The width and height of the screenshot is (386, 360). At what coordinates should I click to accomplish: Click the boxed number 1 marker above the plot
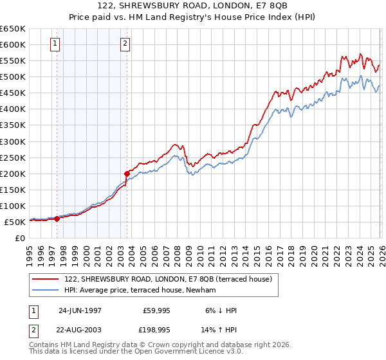(x=55, y=44)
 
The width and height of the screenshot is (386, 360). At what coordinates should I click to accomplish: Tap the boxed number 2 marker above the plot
(x=125, y=44)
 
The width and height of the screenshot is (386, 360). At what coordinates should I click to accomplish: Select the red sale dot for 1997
(x=57, y=219)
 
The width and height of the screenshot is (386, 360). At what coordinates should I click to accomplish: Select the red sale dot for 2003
(x=127, y=174)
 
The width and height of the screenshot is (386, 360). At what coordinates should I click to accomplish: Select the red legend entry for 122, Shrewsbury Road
(x=168, y=279)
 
